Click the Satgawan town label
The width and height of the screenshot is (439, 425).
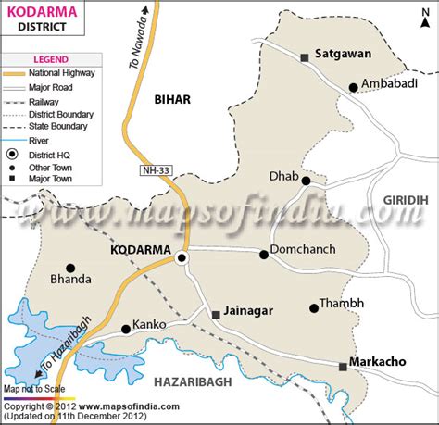point(343,54)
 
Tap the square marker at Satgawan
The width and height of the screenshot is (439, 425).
point(304,57)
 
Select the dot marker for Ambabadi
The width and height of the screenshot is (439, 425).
point(353,88)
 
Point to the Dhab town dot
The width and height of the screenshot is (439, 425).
point(306,181)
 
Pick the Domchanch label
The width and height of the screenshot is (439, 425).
point(303,254)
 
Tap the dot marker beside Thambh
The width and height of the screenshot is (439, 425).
point(311,308)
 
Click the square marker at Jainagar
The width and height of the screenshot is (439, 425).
point(217,315)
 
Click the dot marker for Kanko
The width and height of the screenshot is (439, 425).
point(126,329)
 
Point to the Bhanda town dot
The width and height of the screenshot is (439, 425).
point(70,268)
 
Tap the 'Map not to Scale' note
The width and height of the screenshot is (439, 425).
point(35,390)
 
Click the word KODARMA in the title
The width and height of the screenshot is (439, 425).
point(35,12)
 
